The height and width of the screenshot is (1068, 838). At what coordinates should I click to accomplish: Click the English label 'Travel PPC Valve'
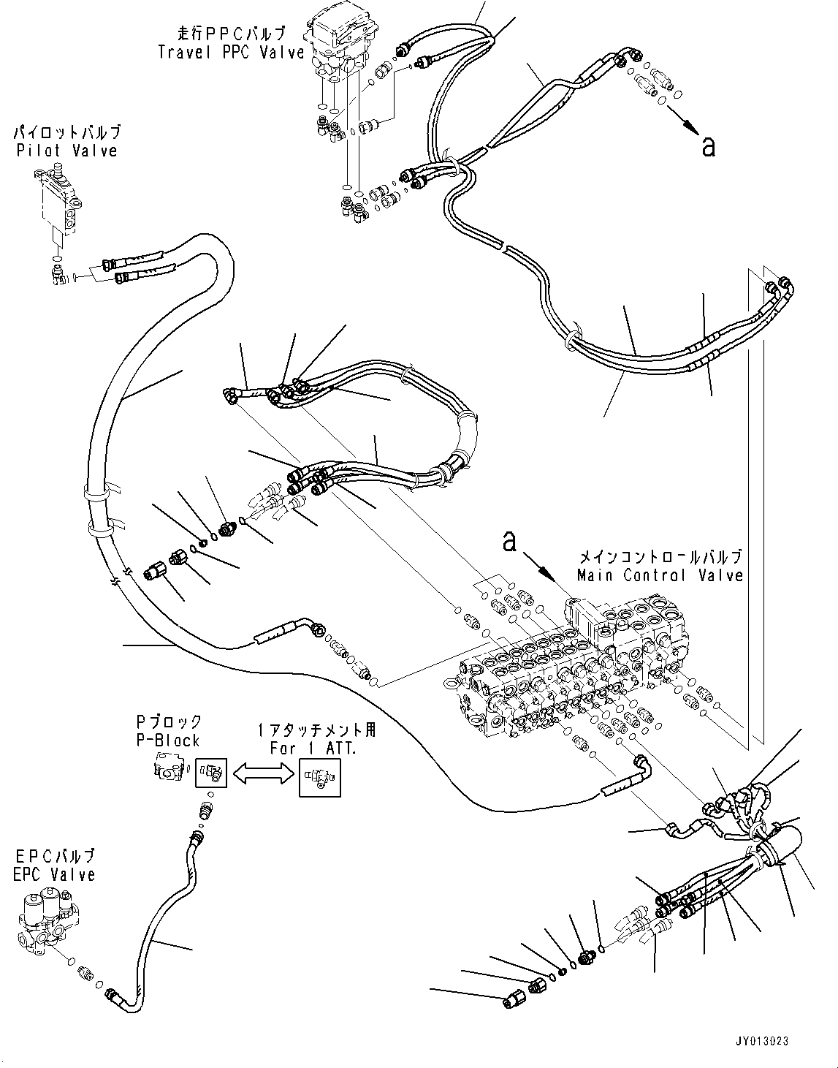tap(230, 52)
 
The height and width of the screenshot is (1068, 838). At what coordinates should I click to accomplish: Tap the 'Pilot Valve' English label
tap(66, 151)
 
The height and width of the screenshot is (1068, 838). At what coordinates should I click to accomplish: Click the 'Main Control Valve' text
tap(659, 575)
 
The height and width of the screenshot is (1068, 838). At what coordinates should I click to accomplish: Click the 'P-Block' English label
tap(167, 740)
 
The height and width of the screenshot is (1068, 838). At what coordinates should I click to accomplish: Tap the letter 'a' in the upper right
tap(707, 147)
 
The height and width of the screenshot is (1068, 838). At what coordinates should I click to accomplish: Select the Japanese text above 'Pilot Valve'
tap(66, 133)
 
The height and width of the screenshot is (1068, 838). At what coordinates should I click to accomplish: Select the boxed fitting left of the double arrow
tap(213, 771)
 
